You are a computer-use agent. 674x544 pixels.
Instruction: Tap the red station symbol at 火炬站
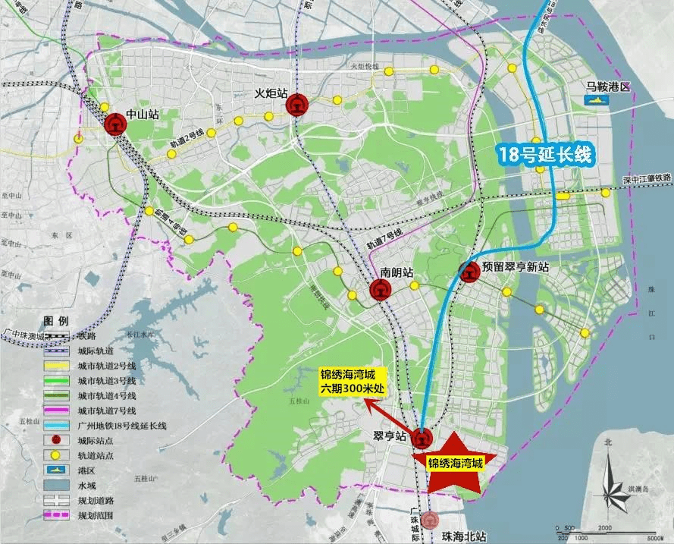[x=296, y=105]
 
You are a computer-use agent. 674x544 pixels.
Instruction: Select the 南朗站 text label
[x=397, y=271]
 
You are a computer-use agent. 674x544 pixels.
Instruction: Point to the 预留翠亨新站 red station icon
[x=469, y=272]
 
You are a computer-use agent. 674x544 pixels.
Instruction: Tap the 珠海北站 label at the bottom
[x=464, y=536]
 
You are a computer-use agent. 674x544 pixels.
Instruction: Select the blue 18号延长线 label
[x=544, y=155]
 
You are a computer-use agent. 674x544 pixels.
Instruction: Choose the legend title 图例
[x=57, y=320]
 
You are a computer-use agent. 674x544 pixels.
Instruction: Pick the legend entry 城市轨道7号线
[x=107, y=410]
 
